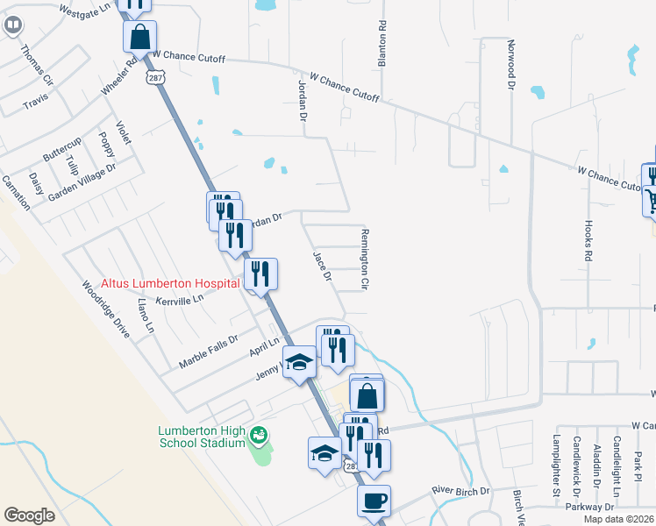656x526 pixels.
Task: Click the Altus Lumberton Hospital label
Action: [170, 283]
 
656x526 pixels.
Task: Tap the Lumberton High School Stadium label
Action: [200, 436]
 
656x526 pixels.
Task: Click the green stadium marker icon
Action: [258, 434]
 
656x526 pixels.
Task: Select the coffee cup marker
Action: [374, 501]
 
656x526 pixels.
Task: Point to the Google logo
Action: [29, 515]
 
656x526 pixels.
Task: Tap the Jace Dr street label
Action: [322, 266]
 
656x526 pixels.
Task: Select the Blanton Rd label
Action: [381, 44]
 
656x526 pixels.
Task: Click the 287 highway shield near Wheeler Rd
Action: [154, 78]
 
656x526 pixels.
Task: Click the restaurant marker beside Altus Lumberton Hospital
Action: [260, 274]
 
